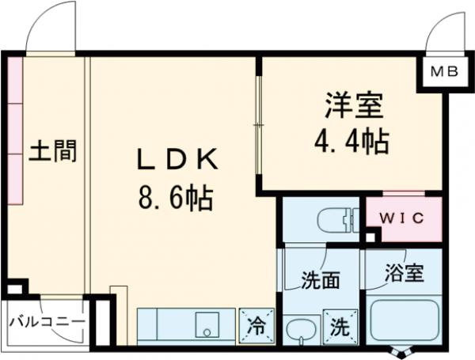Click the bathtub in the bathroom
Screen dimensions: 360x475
pos(404,320)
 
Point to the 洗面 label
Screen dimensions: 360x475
pos(321,280)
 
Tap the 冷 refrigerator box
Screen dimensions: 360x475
pos(257,324)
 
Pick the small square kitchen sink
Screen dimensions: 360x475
pos(207,324)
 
